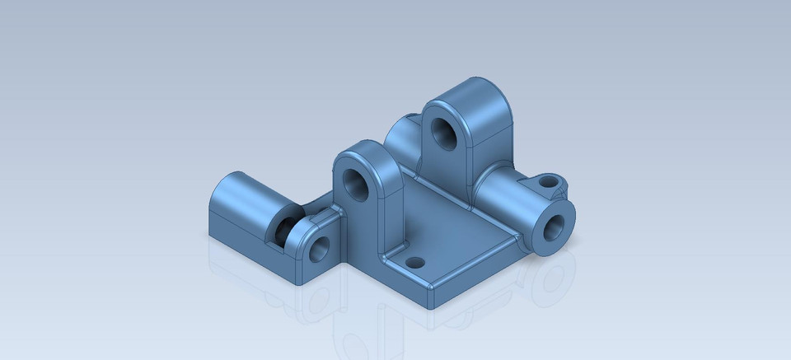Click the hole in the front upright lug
click(x=357, y=182)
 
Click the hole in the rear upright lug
click(x=445, y=132)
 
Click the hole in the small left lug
click(x=318, y=248)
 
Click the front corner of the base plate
click(x=433, y=298)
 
